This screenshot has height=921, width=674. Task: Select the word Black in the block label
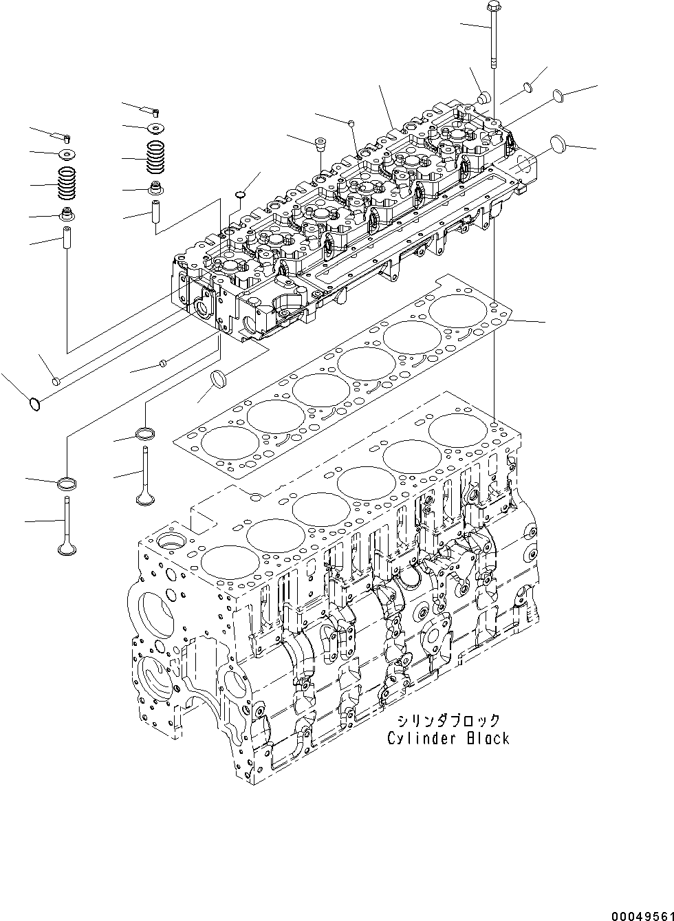coord(486,739)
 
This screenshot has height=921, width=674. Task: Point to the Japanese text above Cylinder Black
coord(448,721)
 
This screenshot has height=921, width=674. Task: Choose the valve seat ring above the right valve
coord(146,433)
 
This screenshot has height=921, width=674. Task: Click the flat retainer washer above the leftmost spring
coord(67,153)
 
